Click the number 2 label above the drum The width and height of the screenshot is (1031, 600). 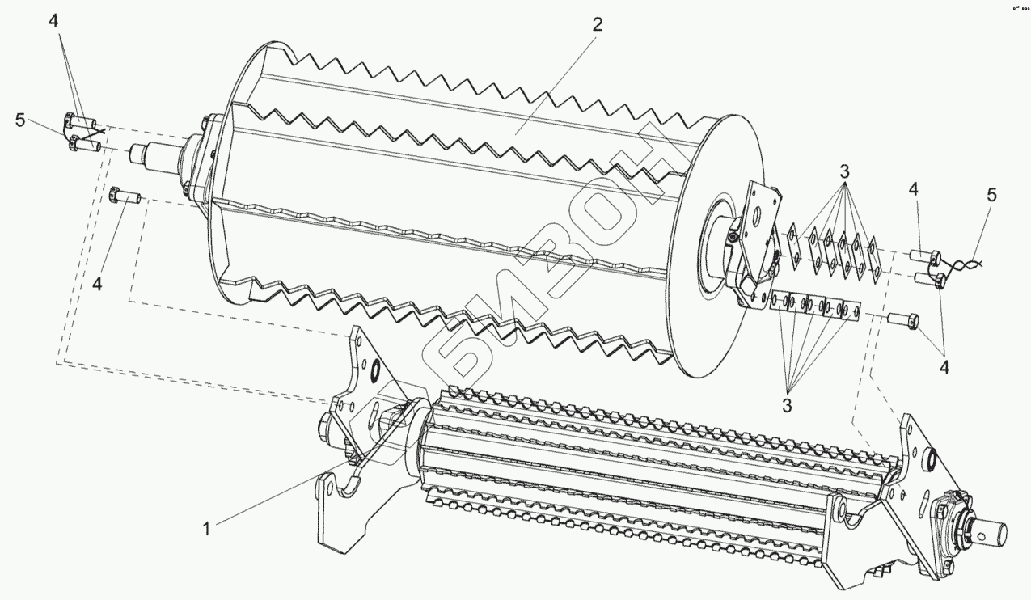click(597, 24)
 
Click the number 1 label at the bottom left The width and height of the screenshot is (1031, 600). click(206, 528)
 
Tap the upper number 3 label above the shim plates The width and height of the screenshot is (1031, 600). click(843, 171)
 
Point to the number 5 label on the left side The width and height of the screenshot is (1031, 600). click(19, 120)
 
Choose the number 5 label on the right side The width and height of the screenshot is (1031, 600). click(991, 195)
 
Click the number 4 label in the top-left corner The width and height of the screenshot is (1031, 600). click(53, 22)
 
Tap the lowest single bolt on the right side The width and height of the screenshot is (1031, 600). click(902, 319)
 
